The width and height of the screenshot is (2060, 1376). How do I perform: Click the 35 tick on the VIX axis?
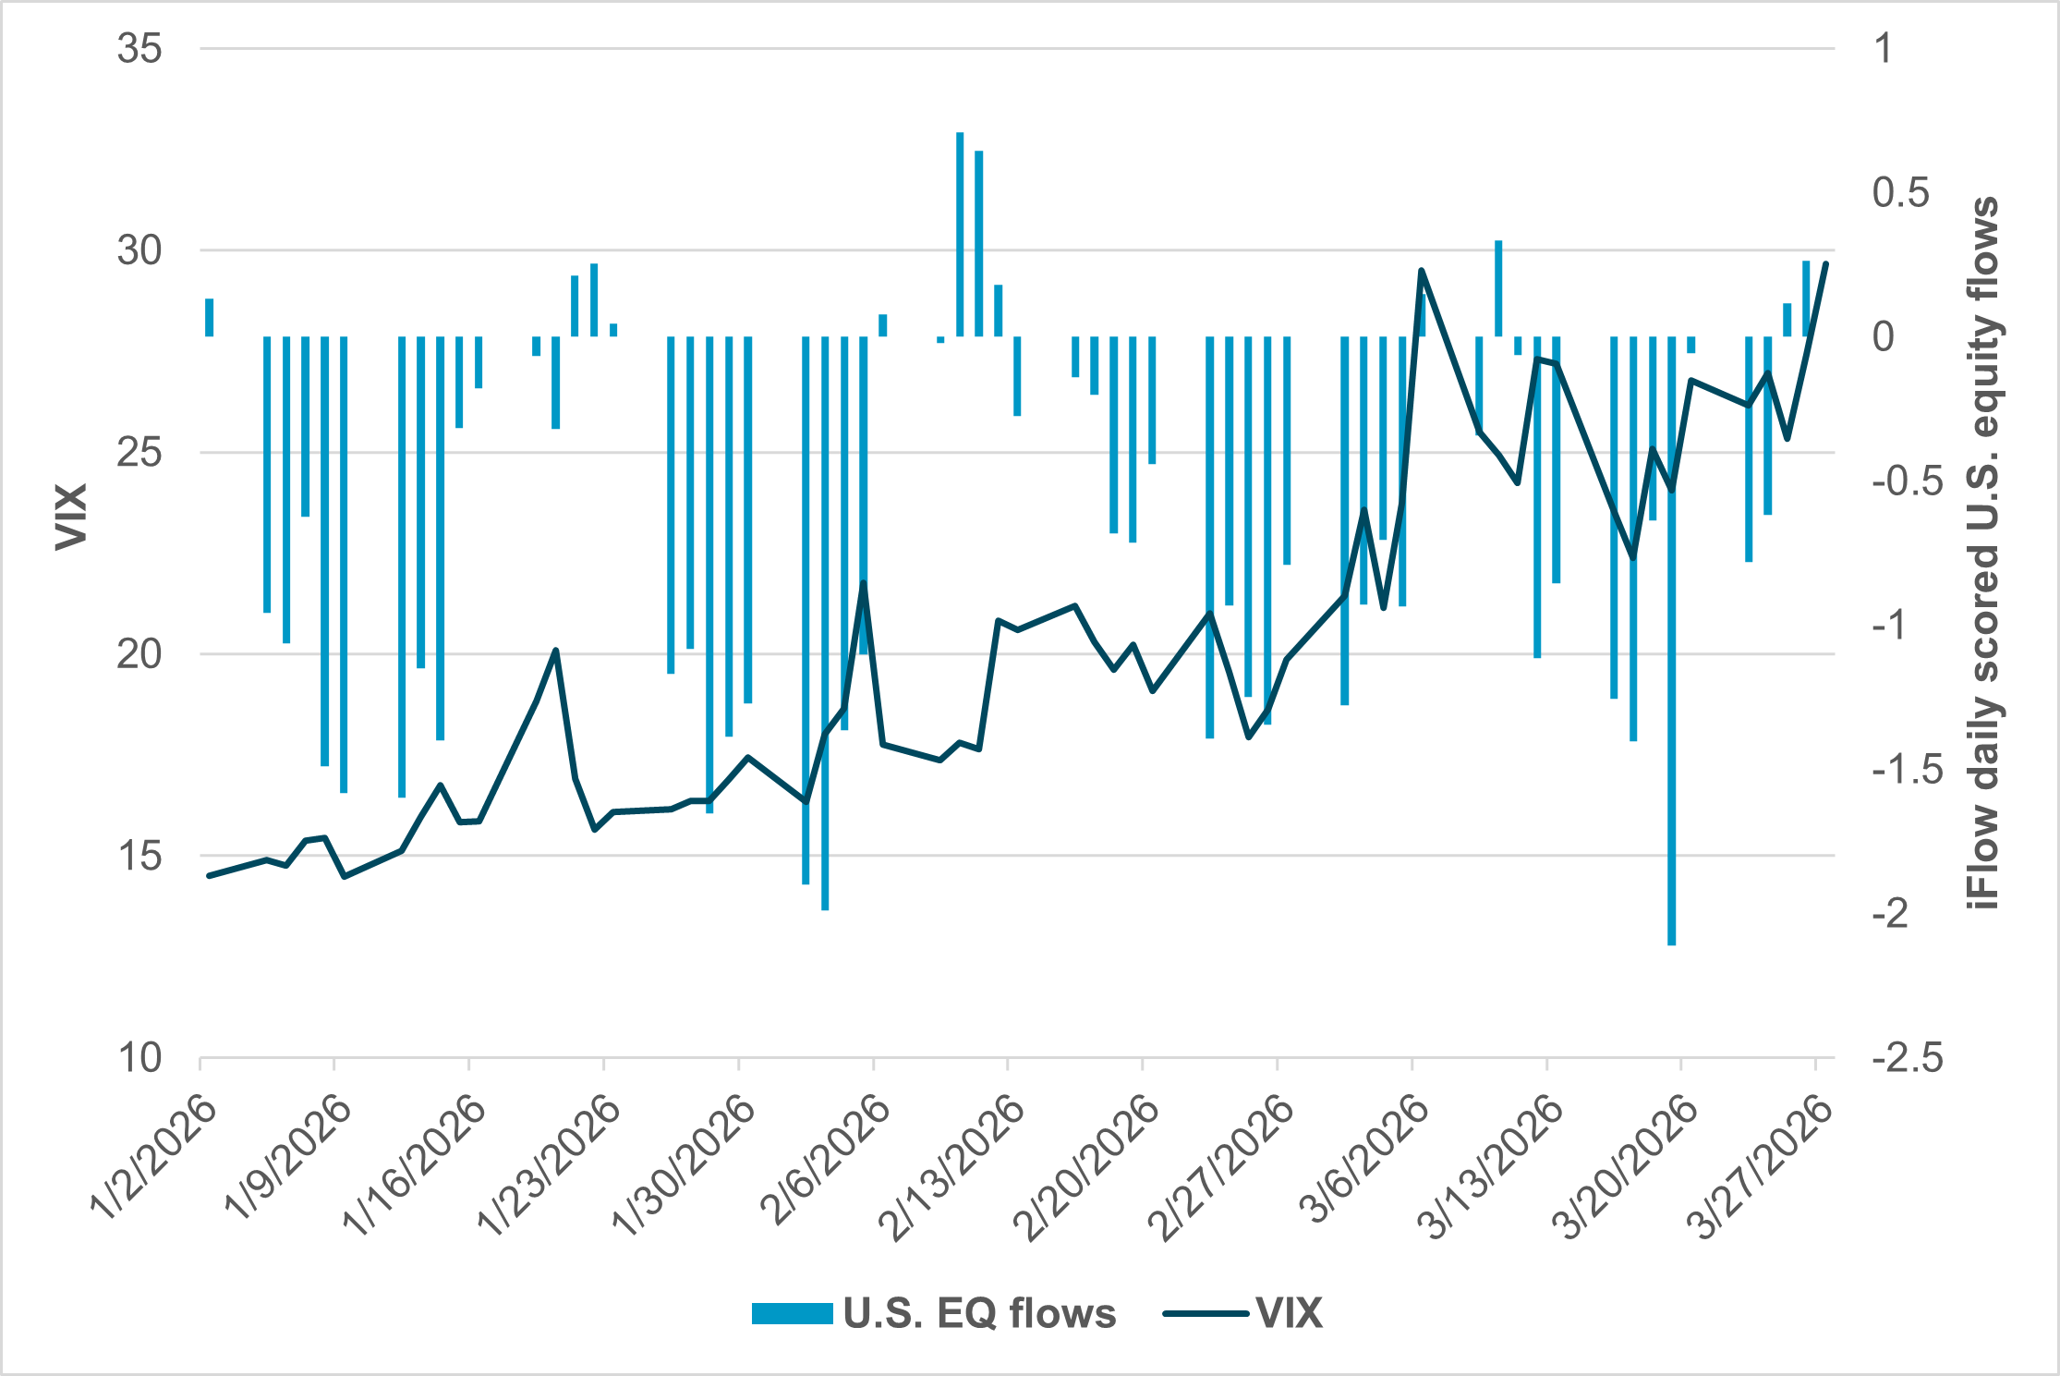coord(139,48)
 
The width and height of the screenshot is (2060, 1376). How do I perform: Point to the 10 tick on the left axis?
coord(139,1058)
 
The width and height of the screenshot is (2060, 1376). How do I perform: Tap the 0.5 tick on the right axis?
coord(1900,192)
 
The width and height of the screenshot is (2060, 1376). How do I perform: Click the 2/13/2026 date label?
coord(952,1168)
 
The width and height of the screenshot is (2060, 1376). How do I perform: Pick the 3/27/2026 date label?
coord(1760,1168)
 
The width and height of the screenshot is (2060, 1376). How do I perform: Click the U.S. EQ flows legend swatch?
coord(792,1313)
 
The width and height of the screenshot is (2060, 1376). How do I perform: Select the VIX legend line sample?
coord(1206,1313)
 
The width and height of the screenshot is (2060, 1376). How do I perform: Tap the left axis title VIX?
coord(71,517)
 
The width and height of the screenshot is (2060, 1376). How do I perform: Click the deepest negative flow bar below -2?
coord(1671,647)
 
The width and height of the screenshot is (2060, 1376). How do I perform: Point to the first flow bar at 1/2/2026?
coord(210,317)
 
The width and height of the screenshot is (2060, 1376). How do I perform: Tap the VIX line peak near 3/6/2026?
coord(1421,270)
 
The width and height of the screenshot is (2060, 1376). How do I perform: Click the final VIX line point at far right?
coord(1825,263)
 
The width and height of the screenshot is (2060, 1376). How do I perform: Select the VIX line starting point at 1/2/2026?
coord(209,875)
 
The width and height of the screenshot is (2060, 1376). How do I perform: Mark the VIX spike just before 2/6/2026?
coord(864,582)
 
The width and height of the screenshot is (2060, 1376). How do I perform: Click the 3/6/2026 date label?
coord(1363,1163)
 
